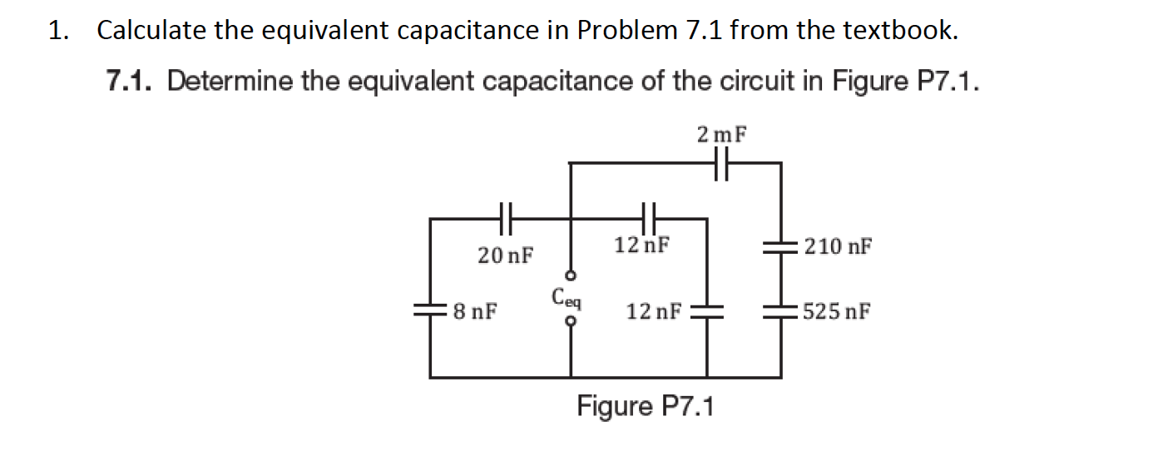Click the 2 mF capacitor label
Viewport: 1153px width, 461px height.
coord(720,133)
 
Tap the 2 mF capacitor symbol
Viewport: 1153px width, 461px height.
coord(720,164)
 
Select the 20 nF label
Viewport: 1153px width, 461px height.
coord(506,255)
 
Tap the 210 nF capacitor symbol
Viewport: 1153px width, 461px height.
coord(781,246)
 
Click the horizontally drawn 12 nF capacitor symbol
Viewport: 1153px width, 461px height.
coord(650,219)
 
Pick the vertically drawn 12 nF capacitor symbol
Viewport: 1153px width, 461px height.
coord(707,312)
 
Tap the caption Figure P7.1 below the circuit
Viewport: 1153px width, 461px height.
coord(646,407)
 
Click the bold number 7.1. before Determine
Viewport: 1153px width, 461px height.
coord(133,82)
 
